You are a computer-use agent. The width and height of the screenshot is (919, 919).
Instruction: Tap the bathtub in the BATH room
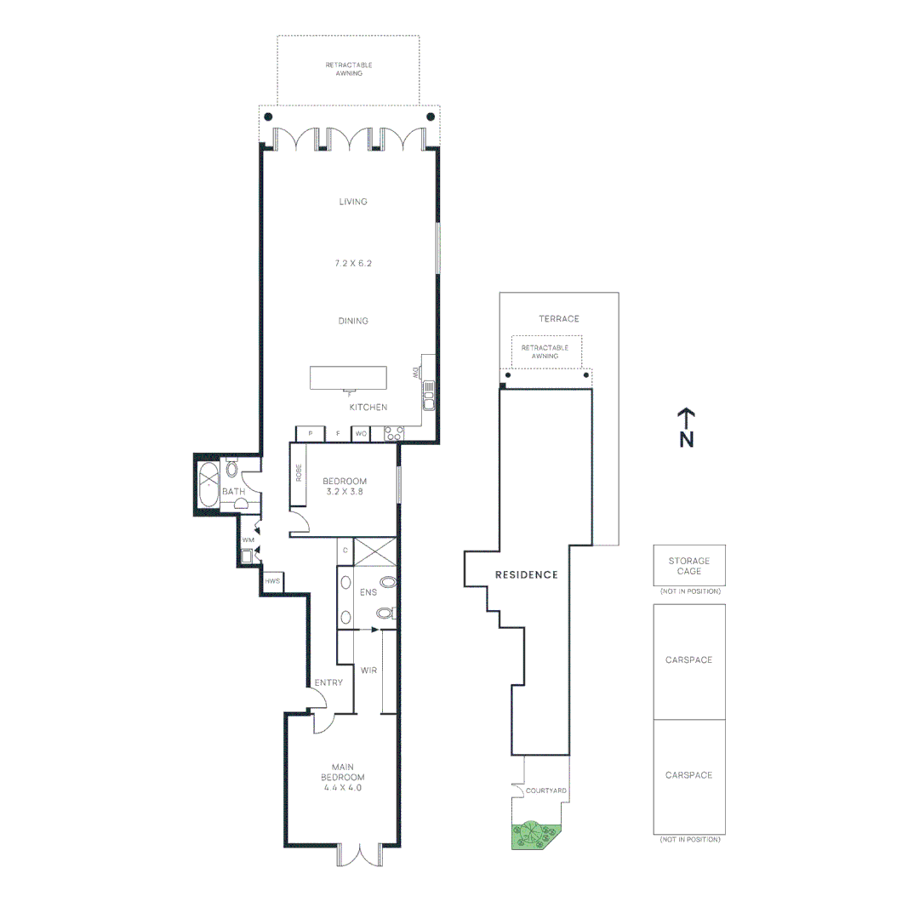[208, 486]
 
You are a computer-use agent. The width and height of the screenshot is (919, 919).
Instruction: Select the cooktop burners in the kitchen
[394, 434]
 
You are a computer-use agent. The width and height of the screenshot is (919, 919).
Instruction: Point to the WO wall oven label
[361, 434]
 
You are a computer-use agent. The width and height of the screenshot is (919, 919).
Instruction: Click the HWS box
[272, 581]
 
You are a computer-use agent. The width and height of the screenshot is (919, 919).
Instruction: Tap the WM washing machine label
[248, 539]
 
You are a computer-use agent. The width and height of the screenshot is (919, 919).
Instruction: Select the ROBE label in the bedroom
[299, 473]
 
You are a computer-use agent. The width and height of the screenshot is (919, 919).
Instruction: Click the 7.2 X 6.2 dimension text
[353, 264]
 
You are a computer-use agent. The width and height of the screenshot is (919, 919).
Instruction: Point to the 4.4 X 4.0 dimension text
[342, 788]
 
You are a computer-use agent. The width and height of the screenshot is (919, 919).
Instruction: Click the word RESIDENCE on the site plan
[527, 574]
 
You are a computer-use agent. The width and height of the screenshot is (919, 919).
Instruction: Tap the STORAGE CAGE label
[689, 566]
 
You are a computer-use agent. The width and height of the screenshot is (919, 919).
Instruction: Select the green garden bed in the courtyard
[532, 836]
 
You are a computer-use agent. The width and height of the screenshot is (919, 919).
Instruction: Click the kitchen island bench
[349, 377]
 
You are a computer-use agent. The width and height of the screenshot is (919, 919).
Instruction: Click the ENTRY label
[328, 682]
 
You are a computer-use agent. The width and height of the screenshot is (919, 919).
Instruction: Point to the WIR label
[368, 671]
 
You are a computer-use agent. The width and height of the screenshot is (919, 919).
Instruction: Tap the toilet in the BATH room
[231, 468]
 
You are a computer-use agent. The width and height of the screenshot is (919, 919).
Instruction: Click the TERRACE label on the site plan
[558, 319]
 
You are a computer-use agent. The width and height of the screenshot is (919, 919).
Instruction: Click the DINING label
[353, 321]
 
